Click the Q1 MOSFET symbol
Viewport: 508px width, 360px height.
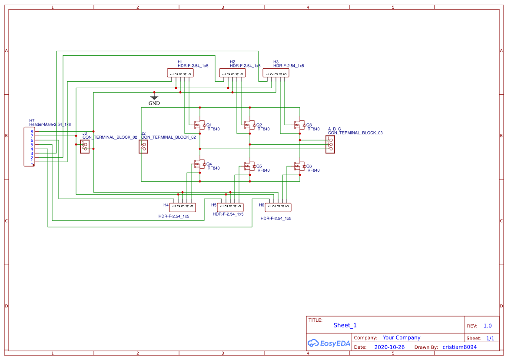point(200,125)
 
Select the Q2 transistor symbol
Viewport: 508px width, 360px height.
point(249,125)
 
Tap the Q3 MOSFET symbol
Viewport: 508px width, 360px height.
point(299,125)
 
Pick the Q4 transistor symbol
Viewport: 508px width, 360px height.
point(200,164)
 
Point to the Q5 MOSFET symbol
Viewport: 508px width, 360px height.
point(249,166)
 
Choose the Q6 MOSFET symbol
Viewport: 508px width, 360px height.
point(299,166)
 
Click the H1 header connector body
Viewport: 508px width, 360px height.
point(180,73)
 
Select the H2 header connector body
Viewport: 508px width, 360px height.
point(232,73)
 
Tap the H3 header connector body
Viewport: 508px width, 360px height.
point(276,73)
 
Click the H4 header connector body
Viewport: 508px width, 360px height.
point(183,207)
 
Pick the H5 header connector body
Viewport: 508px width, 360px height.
point(230,207)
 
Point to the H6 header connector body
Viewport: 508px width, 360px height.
point(278,207)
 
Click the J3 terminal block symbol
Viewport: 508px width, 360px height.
point(84,147)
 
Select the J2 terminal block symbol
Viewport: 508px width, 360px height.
point(143,147)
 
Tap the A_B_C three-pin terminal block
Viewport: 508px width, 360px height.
point(330,144)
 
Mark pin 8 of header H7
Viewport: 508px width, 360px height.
point(31,131)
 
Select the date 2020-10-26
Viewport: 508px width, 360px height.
point(389,347)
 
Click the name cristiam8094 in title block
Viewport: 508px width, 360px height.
point(459,347)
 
